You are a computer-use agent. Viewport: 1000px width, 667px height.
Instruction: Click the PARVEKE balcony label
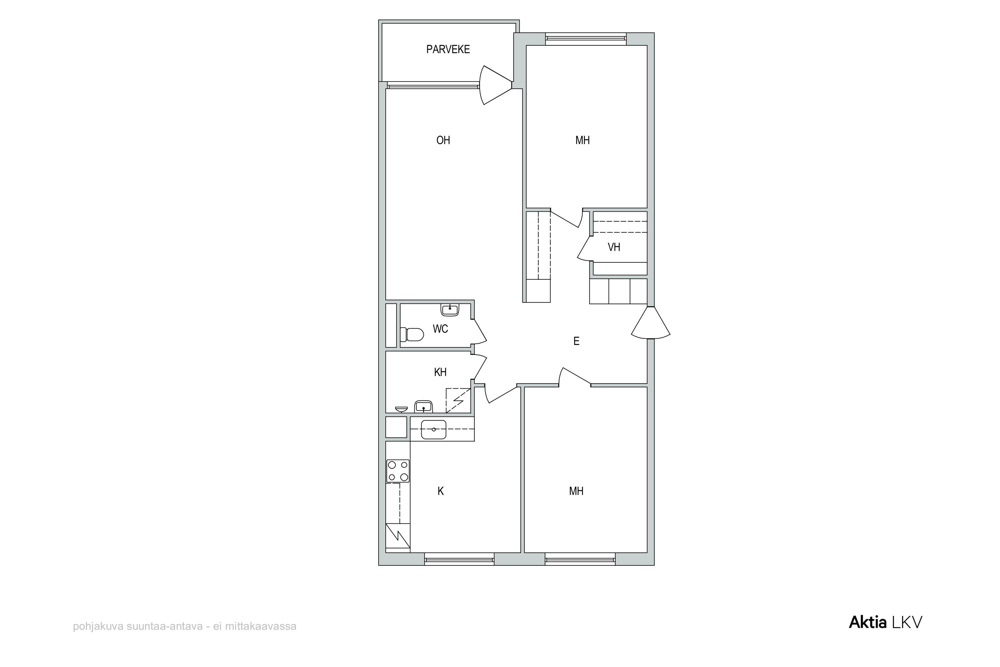(x=448, y=49)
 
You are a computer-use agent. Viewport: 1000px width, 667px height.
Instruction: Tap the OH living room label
(x=443, y=140)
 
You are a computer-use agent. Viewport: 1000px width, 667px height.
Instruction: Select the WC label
(x=440, y=329)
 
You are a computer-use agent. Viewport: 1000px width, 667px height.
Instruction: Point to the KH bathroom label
(x=440, y=372)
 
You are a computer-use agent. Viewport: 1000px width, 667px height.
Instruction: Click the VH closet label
(x=614, y=247)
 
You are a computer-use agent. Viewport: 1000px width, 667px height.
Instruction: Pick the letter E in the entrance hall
(x=576, y=341)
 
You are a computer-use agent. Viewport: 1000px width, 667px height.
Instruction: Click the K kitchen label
(x=441, y=491)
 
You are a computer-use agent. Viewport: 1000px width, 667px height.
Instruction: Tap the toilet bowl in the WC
(x=412, y=335)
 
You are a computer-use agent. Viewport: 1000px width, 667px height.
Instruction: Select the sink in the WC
(x=450, y=310)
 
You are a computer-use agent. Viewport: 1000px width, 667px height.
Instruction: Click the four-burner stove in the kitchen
(x=398, y=471)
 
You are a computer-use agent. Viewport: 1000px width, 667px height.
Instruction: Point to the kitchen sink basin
(x=433, y=430)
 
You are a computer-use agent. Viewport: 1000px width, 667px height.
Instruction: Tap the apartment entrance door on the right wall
(x=651, y=323)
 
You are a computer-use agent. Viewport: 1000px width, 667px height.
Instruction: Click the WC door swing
(x=480, y=332)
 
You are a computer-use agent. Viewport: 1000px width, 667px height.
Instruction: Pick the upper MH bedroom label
(x=582, y=140)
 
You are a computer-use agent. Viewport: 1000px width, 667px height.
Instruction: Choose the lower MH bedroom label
(x=576, y=491)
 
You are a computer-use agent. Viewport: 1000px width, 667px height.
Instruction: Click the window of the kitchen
(x=459, y=559)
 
